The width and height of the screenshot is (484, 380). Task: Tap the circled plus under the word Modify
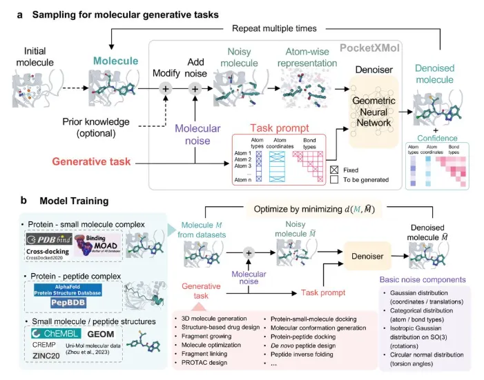[x=165, y=88]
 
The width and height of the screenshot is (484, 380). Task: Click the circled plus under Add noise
[x=195, y=88]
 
